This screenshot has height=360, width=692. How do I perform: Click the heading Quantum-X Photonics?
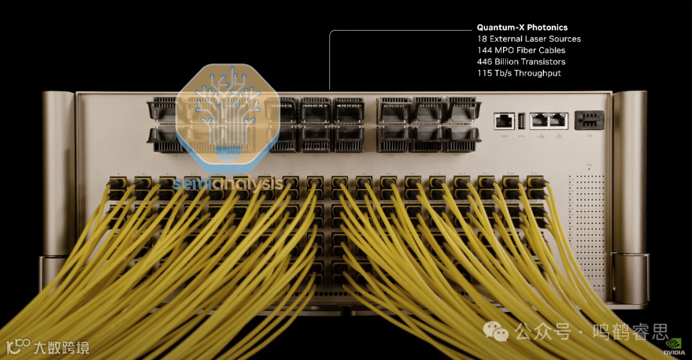(522, 28)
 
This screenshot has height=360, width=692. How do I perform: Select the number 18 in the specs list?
(482, 39)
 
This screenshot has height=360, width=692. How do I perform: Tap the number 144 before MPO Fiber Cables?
(484, 50)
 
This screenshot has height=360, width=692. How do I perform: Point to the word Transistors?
(543, 61)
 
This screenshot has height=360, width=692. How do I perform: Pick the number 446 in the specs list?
(484, 61)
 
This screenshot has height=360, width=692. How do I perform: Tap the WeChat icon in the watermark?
(495, 331)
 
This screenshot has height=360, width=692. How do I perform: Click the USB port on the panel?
(522, 119)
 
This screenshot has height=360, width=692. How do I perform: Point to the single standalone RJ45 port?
(504, 120)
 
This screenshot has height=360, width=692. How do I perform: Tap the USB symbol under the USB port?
(522, 136)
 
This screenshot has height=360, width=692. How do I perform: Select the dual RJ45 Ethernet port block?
(550, 120)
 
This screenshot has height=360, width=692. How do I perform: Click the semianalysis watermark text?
(228, 184)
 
